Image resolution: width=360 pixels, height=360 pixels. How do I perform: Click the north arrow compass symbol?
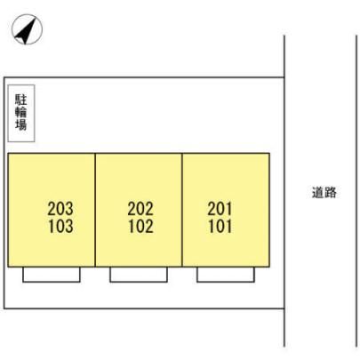(27, 29)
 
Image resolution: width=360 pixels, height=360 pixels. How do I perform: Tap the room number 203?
(60, 209)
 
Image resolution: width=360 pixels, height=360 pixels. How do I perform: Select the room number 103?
(60, 226)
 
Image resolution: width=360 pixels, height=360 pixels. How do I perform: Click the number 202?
(140, 209)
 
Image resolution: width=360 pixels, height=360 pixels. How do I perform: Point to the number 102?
(140, 226)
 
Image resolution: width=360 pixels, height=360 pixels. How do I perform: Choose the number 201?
(220, 209)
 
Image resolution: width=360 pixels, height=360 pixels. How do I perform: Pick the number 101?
(220, 226)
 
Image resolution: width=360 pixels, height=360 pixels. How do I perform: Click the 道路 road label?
(324, 193)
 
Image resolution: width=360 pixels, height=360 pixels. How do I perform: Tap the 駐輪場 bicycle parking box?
(21, 113)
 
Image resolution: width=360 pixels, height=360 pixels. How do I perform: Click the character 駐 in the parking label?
(21, 100)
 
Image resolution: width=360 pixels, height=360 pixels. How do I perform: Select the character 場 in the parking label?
(21, 124)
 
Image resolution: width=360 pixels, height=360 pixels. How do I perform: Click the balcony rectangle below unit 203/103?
(52, 282)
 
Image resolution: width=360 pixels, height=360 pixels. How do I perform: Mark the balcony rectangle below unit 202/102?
(139, 282)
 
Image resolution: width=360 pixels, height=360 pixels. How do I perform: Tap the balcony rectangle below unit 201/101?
(226, 282)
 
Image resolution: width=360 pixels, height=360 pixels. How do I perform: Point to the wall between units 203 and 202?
(95, 210)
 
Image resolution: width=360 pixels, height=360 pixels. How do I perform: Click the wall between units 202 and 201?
(182, 210)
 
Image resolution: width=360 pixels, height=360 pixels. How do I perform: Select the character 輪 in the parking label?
(21, 112)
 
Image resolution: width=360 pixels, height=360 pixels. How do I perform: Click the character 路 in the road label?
(331, 193)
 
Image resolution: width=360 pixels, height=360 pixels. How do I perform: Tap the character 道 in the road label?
(318, 193)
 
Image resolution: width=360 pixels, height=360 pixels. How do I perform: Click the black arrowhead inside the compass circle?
(26, 31)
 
